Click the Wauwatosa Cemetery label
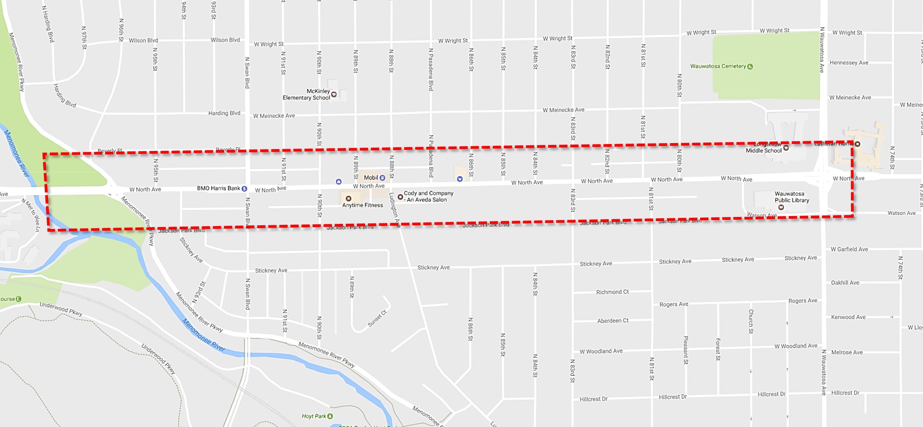pyautogui.click(x=718, y=66)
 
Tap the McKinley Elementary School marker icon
pyautogui.click(x=334, y=95)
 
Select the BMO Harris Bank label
pyautogui.click(x=218, y=188)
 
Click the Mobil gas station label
pyautogui.click(x=371, y=178)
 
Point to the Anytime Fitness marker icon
pyautogui.click(x=348, y=198)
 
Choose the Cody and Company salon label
pyautogui.click(x=428, y=197)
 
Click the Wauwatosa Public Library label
pyautogui.click(x=791, y=197)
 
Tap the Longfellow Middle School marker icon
pyautogui.click(x=786, y=148)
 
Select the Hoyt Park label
pyautogui.click(x=314, y=416)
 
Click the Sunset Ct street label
pyautogui.click(x=377, y=319)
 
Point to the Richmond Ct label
pyautogui.click(x=612, y=292)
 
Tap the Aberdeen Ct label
pyautogui.click(x=612, y=321)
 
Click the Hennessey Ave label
pyautogui.click(x=848, y=63)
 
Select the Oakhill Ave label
pyautogui.click(x=845, y=283)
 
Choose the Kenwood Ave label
pyautogui.click(x=848, y=317)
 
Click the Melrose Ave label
pyautogui.click(x=846, y=352)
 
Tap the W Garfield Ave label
pyautogui.click(x=849, y=249)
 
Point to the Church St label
pyautogui.click(x=750, y=321)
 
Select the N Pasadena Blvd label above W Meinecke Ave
pyautogui.click(x=431, y=69)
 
